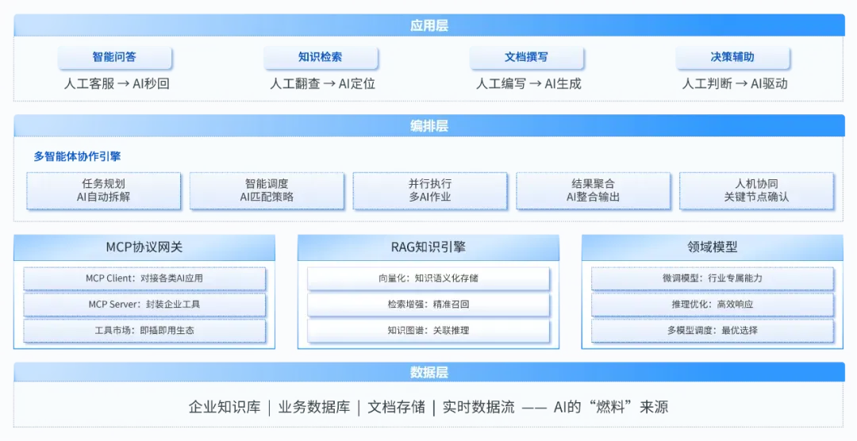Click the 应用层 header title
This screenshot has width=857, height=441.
click(428, 25)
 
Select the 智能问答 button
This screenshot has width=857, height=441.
click(113, 57)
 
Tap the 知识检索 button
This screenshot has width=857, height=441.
click(320, 57)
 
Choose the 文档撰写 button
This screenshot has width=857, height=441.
click(526, 57)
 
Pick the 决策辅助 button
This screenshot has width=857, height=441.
click(732, 57)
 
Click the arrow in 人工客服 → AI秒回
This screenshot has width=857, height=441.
click(123, 83)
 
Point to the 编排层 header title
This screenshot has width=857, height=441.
click(428, 126)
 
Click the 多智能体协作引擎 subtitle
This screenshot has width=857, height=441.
click(77, 156)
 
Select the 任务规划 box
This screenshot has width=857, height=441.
click(104, 190)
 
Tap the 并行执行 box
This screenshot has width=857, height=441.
click(430, 190)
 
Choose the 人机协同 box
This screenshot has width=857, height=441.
click(756, 190)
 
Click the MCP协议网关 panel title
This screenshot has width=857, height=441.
click(144, 247)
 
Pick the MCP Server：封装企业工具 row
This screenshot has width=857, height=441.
click(144, 305)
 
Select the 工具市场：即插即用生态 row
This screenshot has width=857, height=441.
click(144, 330)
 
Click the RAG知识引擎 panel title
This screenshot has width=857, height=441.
click(428, 247)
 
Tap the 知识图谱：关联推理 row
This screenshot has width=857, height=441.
click(428, 330)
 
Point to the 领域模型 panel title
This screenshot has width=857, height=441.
click(713, 247)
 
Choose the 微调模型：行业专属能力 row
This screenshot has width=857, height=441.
click(713, 278)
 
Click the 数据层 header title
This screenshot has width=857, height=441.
click(428, 373)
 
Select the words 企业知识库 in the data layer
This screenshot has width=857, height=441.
click(225, 408)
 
